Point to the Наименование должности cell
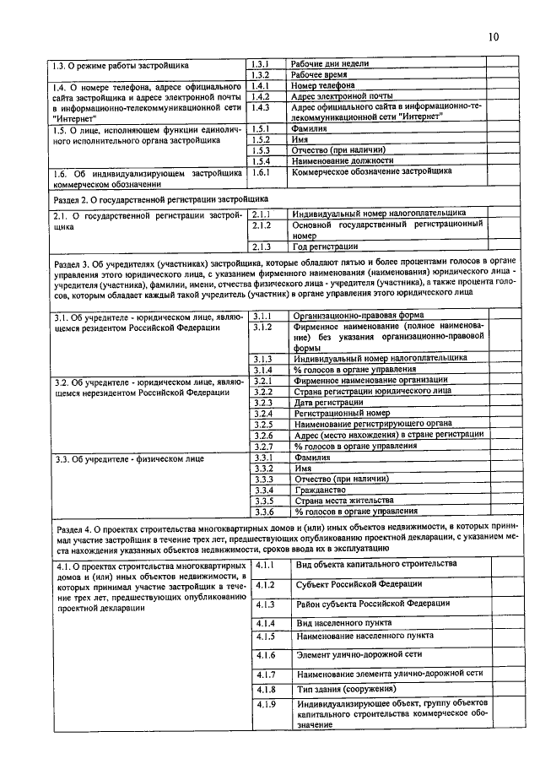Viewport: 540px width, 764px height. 343,160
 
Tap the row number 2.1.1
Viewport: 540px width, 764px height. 261,215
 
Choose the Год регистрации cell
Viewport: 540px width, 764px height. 325,247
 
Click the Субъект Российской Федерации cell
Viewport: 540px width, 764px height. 359,584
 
